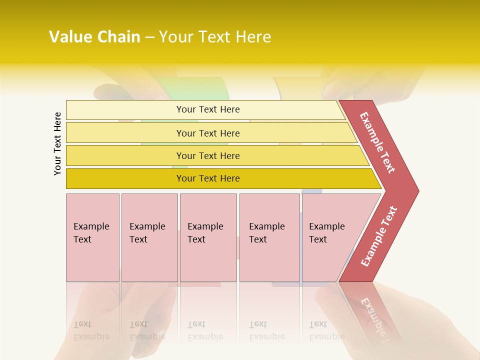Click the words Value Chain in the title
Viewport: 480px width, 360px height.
click(x=94, y=37)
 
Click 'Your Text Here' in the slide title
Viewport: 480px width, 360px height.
click(x=215, y=37)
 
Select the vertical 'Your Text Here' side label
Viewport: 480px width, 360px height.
click(x=57, y=143)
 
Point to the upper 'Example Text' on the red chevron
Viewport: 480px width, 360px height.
click(x=377, y=142)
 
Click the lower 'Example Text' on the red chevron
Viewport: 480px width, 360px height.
click(x=378, y=236)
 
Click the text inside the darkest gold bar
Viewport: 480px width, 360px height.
click(x=208, y=178)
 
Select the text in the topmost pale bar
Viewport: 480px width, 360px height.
click(x=208, y=109)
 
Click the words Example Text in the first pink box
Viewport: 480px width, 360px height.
click(x=91, y=232)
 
